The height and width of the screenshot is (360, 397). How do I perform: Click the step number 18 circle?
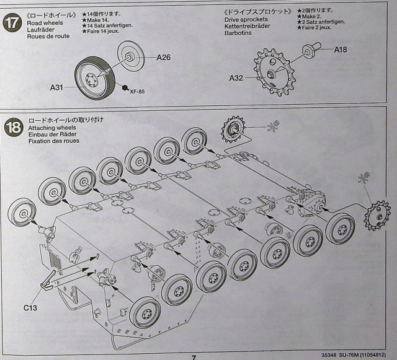(x=13, y=128)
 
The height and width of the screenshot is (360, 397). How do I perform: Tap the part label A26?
(x=164, y=58)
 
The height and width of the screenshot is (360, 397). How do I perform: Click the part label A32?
(x=236, y=78)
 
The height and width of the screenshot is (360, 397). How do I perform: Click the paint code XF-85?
(x=138, y=92)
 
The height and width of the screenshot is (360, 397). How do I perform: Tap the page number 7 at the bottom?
(x=194, y=357)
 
